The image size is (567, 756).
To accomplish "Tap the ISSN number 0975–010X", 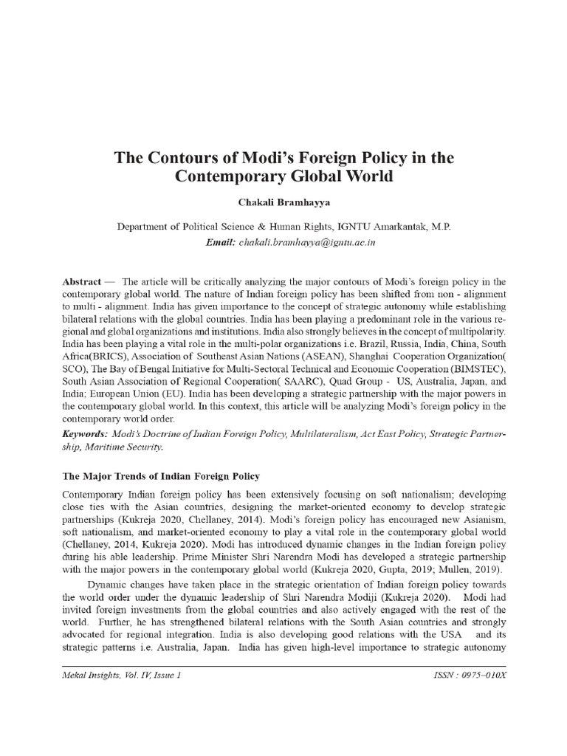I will [x=484, y=676].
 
